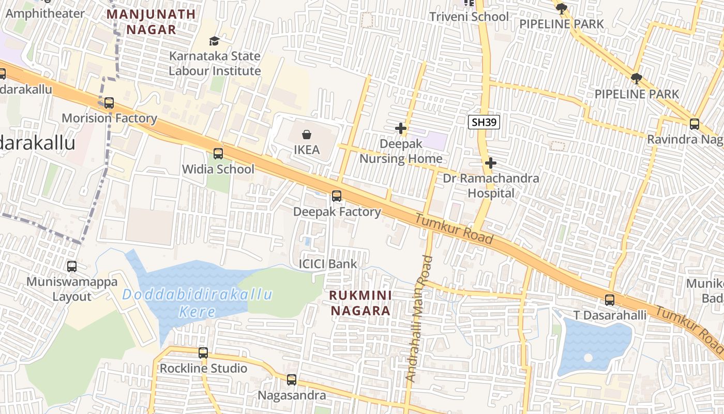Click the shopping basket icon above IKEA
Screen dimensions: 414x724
pyautogui.click(x=307, y=135)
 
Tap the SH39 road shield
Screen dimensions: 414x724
pyautogui.click(x=484, y=122)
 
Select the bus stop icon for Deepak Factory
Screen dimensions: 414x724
pyautogui.click(x=337, y=196)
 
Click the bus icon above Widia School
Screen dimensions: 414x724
pyautogui.click(x=218, y=154)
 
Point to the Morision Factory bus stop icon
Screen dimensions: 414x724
pyautogui.click(x=109, y=103)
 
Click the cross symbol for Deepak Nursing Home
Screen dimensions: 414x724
pyautogui.click(x=401, y=128)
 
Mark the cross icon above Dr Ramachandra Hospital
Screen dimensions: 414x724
pyautogui.click(x=491, y=164)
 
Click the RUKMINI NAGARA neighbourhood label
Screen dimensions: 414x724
pyautogui.click(x=361, y=303)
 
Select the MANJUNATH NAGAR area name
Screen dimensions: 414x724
pyautogui.click(x=152, y=22)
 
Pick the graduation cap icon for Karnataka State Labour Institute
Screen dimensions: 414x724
pyautogui.click(x=214, y=41)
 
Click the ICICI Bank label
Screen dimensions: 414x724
pyautogui.click(x=328, y=264)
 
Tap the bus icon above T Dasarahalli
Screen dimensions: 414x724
pyautogui.click(x=610, y=300)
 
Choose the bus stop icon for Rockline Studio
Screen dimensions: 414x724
pyautogui.click(x=203, y=353)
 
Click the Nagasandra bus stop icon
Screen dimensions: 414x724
pyautogui.click(x=292, y=380)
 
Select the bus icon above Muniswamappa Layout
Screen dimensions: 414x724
pyautogui.click(x=72, y=267)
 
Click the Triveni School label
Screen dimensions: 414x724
pyautogui.click(x=469, y=17)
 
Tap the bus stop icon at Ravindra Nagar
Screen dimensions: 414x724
pyautogui.click(x=695, y=124)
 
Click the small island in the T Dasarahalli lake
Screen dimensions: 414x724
pyautogui.click(x=588, y=358)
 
